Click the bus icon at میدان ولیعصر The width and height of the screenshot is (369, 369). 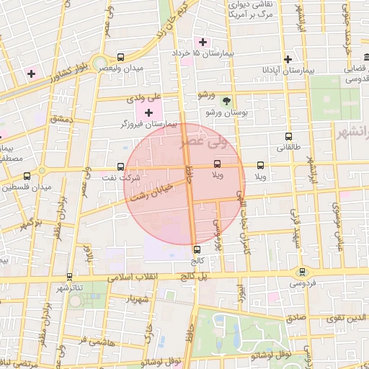coord(120,57)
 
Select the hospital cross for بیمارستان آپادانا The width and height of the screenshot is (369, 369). coord(288,59)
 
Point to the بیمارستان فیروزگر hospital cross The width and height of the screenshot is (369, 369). coord(149,112)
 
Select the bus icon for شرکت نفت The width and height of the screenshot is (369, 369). coord(120,166)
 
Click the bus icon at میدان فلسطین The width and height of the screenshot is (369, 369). coord(27,176)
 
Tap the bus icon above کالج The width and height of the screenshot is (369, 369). coord(197,249)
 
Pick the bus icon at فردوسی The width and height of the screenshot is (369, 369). coord(301,272)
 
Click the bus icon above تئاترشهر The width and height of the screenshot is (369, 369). coord(69,276)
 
